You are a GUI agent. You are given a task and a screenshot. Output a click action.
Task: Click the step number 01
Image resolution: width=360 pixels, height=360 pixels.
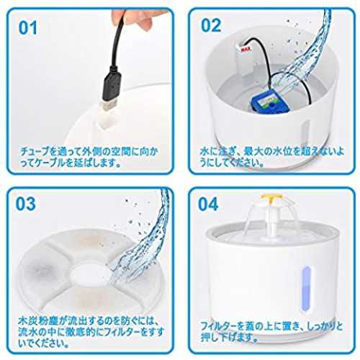point(28,27)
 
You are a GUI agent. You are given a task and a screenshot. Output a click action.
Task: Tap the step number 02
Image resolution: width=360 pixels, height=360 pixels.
point(211,25)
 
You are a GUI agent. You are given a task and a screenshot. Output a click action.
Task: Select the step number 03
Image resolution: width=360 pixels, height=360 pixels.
point(25,204)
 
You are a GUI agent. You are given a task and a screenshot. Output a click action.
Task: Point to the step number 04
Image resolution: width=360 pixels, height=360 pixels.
point(208,204)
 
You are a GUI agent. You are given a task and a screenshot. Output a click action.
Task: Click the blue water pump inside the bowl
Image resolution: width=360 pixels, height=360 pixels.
point(265,103)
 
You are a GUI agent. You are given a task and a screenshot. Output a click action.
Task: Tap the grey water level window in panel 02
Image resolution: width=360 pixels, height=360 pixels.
point(305,131)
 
